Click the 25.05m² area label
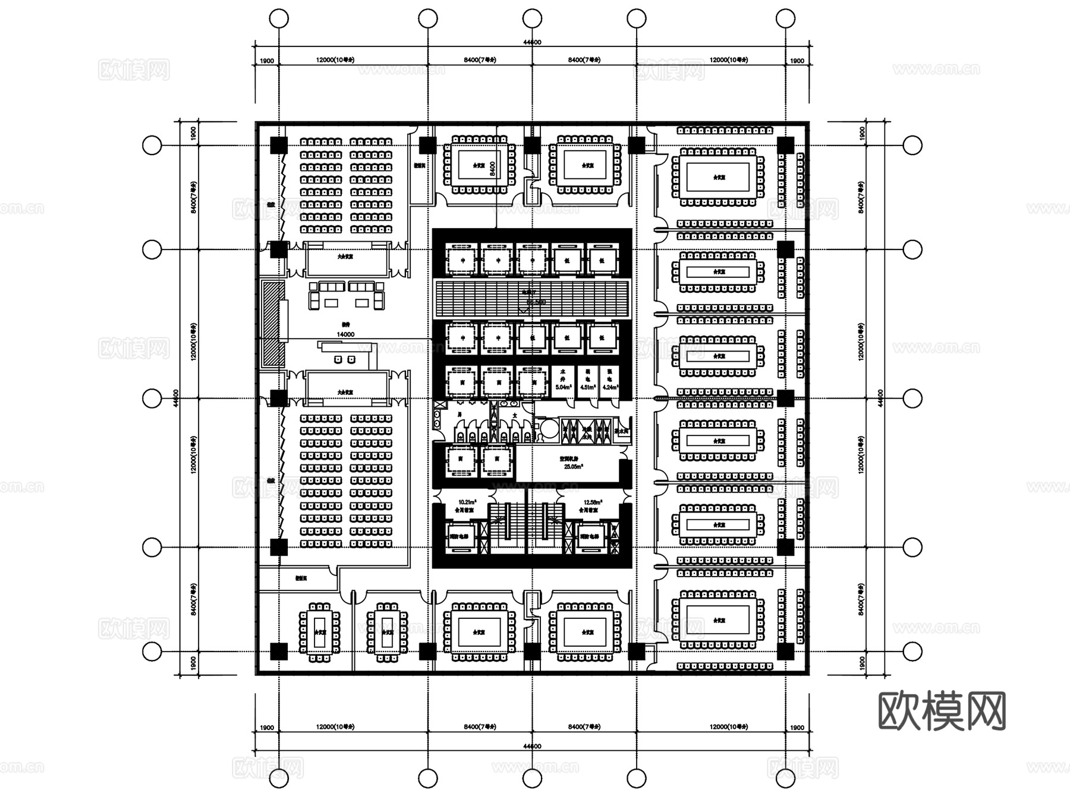tap(573, 466)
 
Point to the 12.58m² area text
tap(593, 502)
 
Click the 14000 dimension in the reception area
tap(345, 334)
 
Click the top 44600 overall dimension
tap(532, 42)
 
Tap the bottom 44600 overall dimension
tap(532, 747)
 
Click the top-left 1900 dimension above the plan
tap(267, 61)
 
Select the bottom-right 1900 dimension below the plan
tap(797, 728)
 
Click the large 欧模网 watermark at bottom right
tap(942, 711)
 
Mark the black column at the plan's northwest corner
tap(279, 145)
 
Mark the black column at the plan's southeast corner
tap(785, 652)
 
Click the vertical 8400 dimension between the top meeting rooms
tap(492, 168)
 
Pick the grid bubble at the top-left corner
tap(279, 18)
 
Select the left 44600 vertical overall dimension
tap(176, 398)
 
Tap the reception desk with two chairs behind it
tap(345, 355)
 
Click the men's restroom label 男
tap(460, 414)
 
